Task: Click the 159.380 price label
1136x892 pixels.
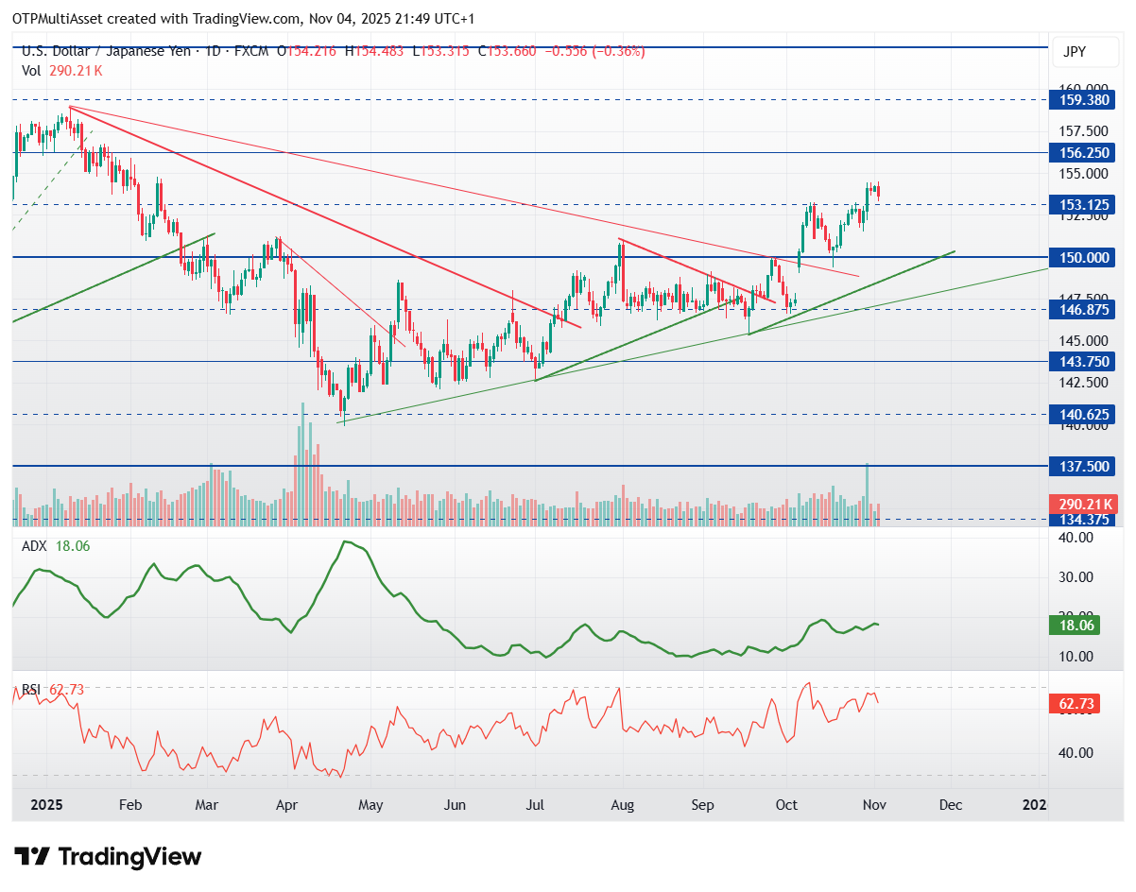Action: pyautogui.click(x=1075, y=99)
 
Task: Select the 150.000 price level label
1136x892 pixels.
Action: pyautogui.click(x=1075, y=257)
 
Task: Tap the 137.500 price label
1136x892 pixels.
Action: pyautogui.click(x=1075, y=467)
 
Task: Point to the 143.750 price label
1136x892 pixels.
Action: pyautogui.click(x=1075, y=362)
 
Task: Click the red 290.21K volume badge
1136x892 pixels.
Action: pyautogui.click(x=1075, y=505)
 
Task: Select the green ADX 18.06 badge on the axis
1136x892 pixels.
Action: pyautogui.click(x=1075, y=626)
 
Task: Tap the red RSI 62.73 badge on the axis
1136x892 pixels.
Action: pyautogui.click(x=1075, y=704)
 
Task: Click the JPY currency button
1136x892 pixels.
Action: pyautogui.click(x=1075, y=53)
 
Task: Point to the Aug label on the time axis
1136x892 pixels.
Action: pyautogui.click(x=622, y=805)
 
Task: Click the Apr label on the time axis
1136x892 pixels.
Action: pyautogui.click(x=287, y=805)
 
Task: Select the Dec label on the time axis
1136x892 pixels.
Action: pyautogui.click(x=951, y=805)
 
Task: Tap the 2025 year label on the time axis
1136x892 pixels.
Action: pyautogui.click(x=46, y=805)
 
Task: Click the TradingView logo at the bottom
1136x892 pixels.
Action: pyautogui.click(x=109, y=857)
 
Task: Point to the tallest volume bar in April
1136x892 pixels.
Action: pyautogui.click(x=303, y=463)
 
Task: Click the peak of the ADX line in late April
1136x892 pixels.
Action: pyautogui.click(x=346, y=541)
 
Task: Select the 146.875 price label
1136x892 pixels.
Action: pyautogui.click(x=1075, y=309)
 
